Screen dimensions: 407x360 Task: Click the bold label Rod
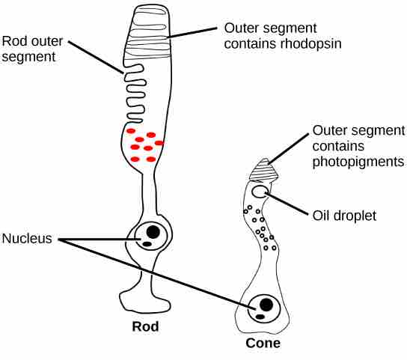[145, 326]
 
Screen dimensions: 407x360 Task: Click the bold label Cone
[263, 343]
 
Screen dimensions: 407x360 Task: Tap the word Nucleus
[27, 239]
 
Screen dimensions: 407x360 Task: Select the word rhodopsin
[310, 43]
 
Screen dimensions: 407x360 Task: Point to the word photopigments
[358, 162]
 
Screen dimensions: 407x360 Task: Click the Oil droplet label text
[344, 216]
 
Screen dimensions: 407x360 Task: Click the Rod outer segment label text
[32, 49]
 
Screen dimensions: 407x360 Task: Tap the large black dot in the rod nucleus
[153, 232]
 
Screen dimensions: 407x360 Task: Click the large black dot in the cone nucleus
[266, 305]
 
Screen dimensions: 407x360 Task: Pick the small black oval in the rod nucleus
[147, 244]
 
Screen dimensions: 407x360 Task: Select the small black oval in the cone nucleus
[260, 317]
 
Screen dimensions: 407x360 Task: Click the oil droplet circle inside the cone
[259, 192]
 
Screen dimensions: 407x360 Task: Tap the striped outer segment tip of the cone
[263, 171]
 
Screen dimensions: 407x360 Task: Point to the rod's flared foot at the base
[145, 302]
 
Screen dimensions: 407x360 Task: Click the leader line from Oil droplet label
[287, 204]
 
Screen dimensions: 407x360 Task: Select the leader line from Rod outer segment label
[96, 57]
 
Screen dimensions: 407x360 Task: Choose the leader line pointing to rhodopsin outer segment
[192, 33]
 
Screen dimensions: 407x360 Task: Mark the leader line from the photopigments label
[289, 149]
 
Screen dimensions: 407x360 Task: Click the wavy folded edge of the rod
[135, 94]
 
